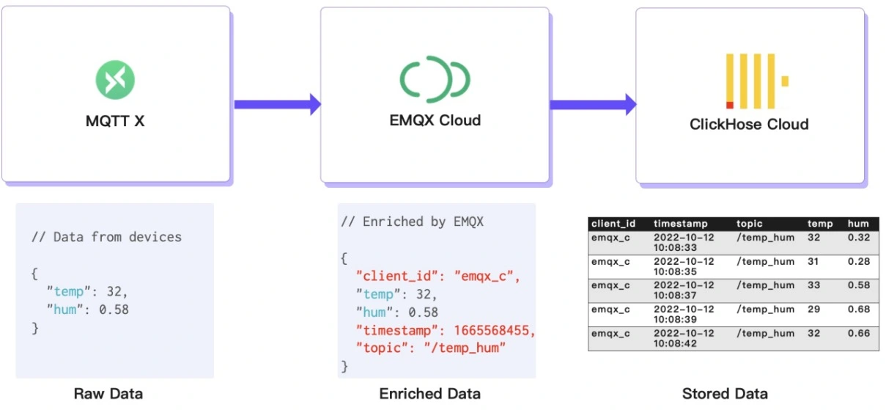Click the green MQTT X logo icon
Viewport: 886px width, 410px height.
tap(115, 80)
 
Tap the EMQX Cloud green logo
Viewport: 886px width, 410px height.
tap(435, 78)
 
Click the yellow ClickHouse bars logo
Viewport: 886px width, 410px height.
tap(756, 81)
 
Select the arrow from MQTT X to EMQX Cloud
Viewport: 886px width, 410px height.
tap(277, 104)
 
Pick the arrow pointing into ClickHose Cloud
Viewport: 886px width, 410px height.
tap(592, 104)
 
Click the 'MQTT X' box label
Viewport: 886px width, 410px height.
tap(115, 121)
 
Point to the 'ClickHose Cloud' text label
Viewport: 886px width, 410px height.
tap(749, 124)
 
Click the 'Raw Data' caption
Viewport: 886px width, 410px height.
tap(108, 394)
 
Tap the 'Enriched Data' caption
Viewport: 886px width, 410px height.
tap(430, 394)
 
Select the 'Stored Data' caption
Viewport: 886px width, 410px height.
tap(725, 394)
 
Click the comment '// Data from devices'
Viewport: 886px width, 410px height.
tap(106, 237)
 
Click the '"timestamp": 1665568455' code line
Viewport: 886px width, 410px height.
tap(446, 331)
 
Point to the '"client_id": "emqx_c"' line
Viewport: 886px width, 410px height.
tap(437, 277)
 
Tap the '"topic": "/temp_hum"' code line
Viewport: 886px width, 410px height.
tap(432, 348)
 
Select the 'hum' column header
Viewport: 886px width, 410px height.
tap(857, 224)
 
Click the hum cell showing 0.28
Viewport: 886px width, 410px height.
tap(858, 261)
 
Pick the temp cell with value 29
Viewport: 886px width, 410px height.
tap(813, 309)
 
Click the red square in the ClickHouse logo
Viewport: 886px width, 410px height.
tap(729, 105)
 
